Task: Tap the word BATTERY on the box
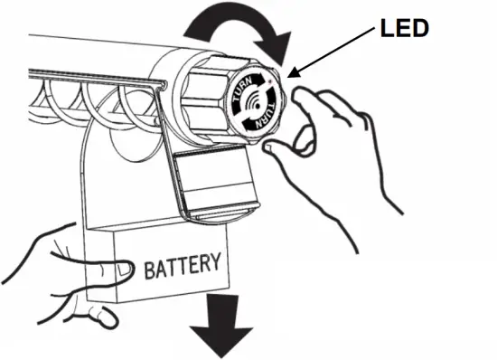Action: click(181, 266)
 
